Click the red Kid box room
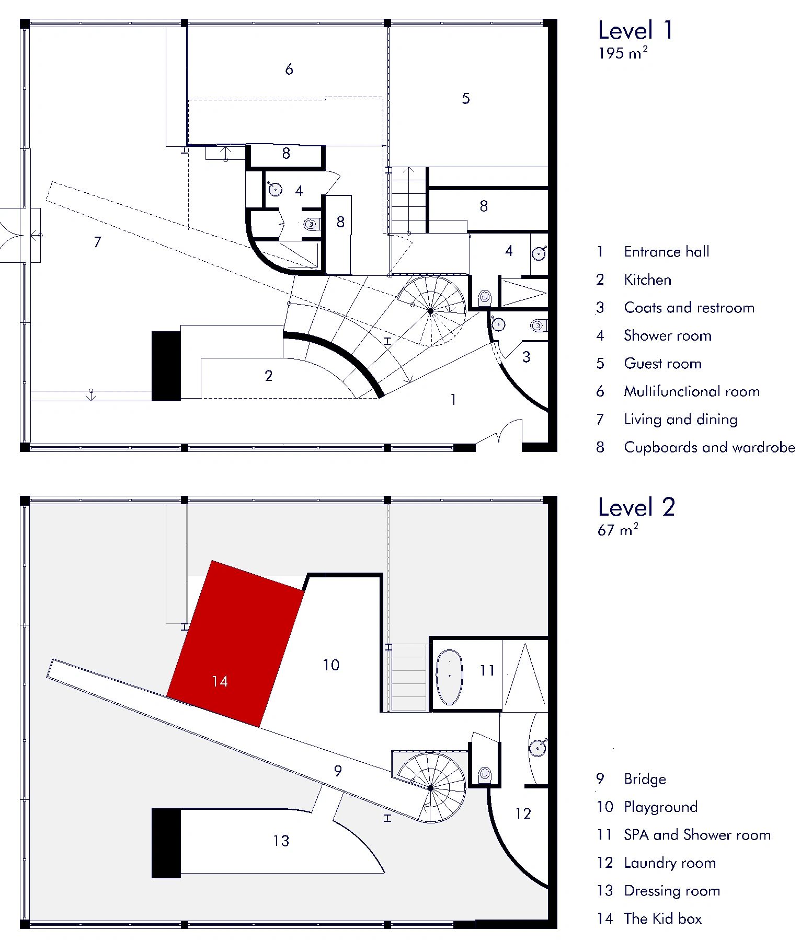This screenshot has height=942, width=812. click(x=235, y=644)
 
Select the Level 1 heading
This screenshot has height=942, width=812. click(x=636, y=30)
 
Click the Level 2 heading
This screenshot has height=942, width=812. click(x=636, y=507)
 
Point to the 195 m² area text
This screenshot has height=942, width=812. click(x=623, y=53)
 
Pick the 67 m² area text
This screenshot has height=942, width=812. click(x=617, y=530)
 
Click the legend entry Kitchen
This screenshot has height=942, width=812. click(x=647, y=280)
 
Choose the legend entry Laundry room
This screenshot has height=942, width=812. click(x=670, y=863)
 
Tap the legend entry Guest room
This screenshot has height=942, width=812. click(x=662, y=363)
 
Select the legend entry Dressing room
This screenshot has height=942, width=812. click(x=672, y=891)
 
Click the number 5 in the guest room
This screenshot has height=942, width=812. click(x=466, y=98)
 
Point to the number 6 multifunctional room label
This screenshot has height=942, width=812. click(x=289, y=68)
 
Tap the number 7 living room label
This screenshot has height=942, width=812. click(x=97, y=242)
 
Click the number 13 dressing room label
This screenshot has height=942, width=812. click(x=281, y=841)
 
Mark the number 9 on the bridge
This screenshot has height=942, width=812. click(x=338, y=771)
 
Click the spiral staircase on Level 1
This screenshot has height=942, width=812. click(x=431, y=310)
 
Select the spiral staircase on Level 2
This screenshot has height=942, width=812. click(x=431, y=787)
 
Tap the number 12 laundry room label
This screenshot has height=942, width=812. click(x=523, y=813)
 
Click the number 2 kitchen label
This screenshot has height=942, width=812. click(x=269, y=376)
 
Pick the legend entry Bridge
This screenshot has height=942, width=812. click(x=645, y=779)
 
